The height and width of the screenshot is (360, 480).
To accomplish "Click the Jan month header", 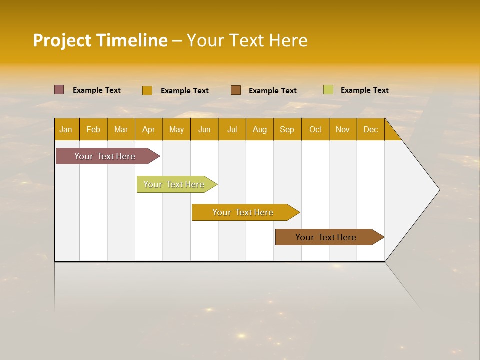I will pos(66,129).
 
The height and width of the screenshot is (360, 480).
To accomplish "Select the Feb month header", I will pos(93,129).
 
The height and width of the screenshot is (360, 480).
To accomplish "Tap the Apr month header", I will pos(149,129).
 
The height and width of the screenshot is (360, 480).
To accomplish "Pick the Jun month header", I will pos(204,129).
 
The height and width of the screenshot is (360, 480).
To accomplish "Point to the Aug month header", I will pos(260,129).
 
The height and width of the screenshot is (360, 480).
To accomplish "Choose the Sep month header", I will pos(287,129).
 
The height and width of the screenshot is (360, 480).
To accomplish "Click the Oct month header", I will pos(315,129).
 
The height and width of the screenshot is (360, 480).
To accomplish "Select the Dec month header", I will pos(371,129).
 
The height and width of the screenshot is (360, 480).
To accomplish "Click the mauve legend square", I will pos(59,90).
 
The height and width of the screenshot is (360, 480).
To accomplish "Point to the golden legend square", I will pos(147,90).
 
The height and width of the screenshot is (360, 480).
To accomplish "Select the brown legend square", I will pos(236,90).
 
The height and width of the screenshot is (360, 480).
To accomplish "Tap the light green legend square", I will pos(328,90).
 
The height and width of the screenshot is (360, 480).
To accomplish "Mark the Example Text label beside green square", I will pos(364,90).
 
